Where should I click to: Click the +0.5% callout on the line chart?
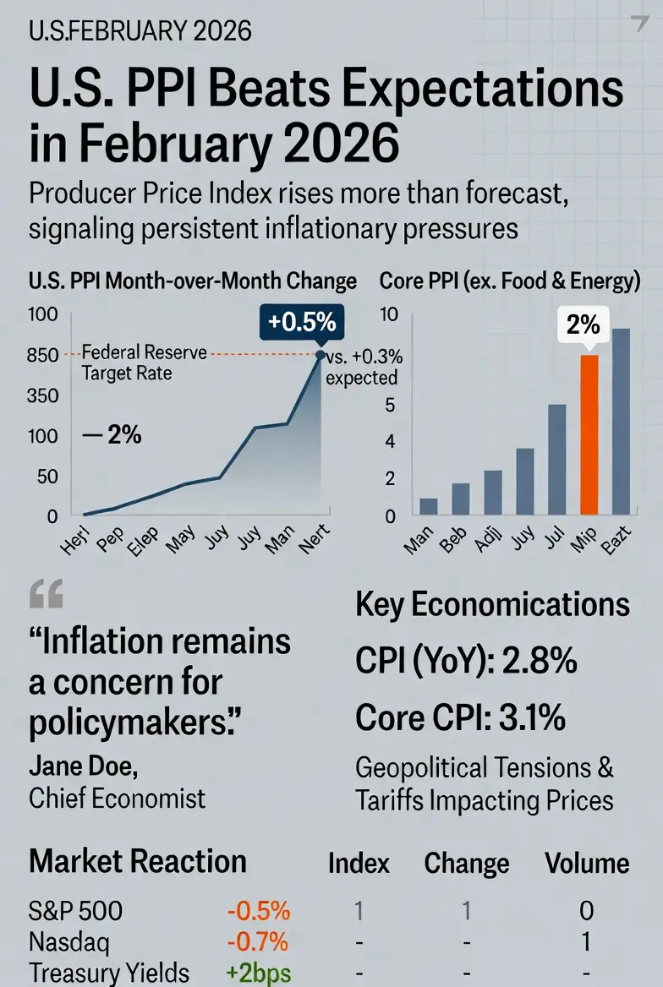pos(302,322)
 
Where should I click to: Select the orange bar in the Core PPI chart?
pos(589,434)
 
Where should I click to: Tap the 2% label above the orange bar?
pos(583,324)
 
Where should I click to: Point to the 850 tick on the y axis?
pos(41,356)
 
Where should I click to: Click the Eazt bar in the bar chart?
pos(621,421)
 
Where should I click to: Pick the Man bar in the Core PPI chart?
pos(429,506)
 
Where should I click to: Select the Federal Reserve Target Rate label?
pos(132,362)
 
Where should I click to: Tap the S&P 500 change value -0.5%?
pos(259,910)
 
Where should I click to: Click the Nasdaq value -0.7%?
pos(259,941)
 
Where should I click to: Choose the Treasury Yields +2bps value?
pos(259,973)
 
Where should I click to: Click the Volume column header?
pos(587,864)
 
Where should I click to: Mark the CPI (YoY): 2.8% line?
pos(466,662)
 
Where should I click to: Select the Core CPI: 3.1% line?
pos(461,717)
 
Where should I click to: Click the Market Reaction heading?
pos(138,862)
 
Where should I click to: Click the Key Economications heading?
pos(492,605)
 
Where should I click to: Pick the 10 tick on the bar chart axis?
pos(388,315)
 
